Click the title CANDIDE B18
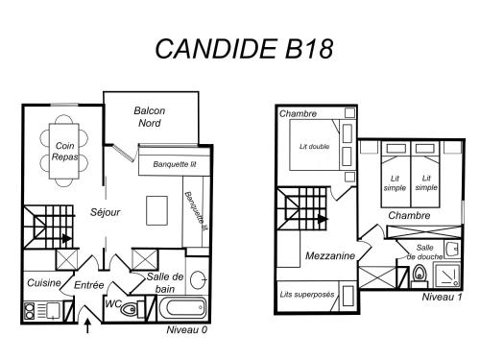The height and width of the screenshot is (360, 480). [244, 49]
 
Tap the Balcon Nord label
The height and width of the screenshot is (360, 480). [150, 117]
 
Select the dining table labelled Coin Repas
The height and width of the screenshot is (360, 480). [64, 151]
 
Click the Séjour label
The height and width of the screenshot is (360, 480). [105, 212]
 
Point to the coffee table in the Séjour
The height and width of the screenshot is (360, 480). [156, 210]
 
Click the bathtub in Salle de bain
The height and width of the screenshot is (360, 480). [182, 308]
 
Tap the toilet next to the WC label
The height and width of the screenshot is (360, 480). [132, 309]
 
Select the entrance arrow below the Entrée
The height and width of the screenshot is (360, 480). [87, 325]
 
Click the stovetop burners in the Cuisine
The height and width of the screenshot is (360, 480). [30, 311]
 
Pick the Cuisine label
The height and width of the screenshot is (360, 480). [44, 282]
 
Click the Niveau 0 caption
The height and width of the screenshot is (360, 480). [187, 329]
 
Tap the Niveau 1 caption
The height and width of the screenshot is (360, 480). [442, 297]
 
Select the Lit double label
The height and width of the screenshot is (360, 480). [314, 147]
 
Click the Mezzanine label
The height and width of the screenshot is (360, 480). [330, 255]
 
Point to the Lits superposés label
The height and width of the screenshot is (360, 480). [307, 295]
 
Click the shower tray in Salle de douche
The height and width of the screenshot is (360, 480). [447, 275]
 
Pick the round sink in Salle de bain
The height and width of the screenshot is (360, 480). [198, 279]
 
